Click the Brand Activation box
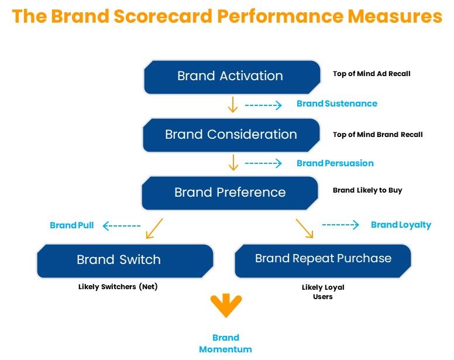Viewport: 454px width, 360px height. pyautogui.click(x=232, y=77)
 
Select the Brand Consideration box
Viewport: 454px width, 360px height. pyautogui.click(x=231, y=135)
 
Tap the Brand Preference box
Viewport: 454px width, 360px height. pyautogui.click(x=230, y=193)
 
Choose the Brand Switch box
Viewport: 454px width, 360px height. pyautogui.click(x=125, y=260)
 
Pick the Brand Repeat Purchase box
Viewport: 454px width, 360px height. pyautogui.click(x=323, y=260)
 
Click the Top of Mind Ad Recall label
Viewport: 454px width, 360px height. pyautogui.click(x=372, y=74)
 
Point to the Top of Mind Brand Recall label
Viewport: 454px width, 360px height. pyautogui.click(x=377, y=135)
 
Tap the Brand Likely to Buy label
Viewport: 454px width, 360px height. pyautogui.click(x=367, y=190)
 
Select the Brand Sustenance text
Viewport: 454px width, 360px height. pyautogui.click(x=337, y=104)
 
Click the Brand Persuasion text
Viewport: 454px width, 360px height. pyautogui.click(x=335, y=163)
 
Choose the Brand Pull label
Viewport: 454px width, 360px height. pyautogui.click(x=72, y=225)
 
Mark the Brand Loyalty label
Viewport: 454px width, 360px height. pyautogui.click(x=401, y=225)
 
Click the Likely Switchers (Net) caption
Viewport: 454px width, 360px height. pyautogui.click(x=118, y=287)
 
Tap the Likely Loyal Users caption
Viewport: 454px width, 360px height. pyautogui.click(x=323, y=292)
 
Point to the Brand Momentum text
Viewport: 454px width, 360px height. pyautogui.click(x=226, y=344)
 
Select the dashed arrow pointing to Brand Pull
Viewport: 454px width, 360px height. pyautogui.click(x=122, y=226)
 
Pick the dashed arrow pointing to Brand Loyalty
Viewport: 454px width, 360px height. pyautogui.click(x=340, y=225)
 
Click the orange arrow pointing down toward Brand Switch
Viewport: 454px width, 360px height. pyautogui.click(x=154, y=228)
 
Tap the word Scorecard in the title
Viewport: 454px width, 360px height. pyautogui.click(x=163, y=16)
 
